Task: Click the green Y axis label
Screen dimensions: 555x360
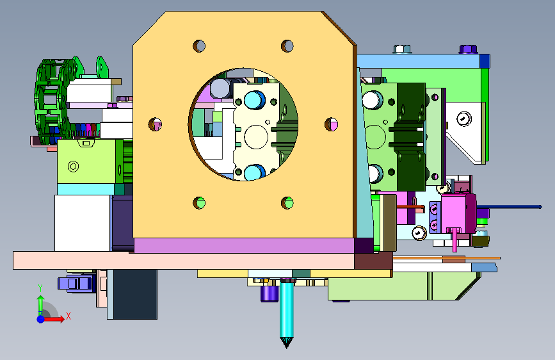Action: [x=40, y=288]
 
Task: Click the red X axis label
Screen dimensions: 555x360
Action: [x=68, y=316]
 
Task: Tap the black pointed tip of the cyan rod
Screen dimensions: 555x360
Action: [x=286, y=343]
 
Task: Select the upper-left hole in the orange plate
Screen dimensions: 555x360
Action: [x=199, y=45]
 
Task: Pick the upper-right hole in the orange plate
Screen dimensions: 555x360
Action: [x=287, y=45]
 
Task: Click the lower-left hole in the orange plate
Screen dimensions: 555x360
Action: [x=199, y=202]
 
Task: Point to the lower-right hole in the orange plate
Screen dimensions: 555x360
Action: [x=287, y=202]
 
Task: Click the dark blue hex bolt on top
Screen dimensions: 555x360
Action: [x=468, y=49]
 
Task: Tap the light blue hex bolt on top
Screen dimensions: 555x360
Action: [x=402, y=49]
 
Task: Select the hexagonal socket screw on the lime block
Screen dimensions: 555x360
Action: [x=73, y=166]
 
